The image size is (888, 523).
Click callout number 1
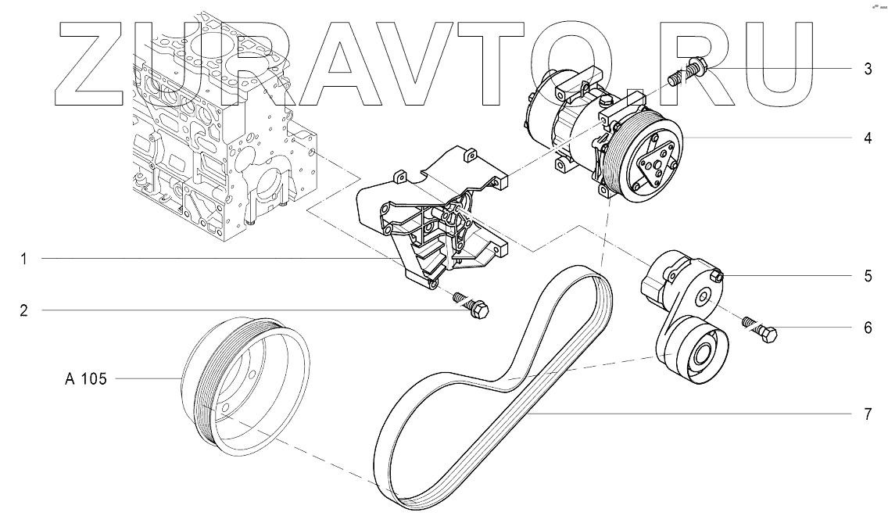coord(24,259)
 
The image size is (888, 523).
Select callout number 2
coord(24,310)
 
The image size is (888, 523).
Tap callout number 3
coord(868,69)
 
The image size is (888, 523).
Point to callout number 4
coord(868,139)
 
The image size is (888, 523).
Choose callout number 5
coord(868,276)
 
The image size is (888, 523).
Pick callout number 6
coord(868,328)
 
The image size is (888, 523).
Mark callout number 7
coord(868,414)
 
